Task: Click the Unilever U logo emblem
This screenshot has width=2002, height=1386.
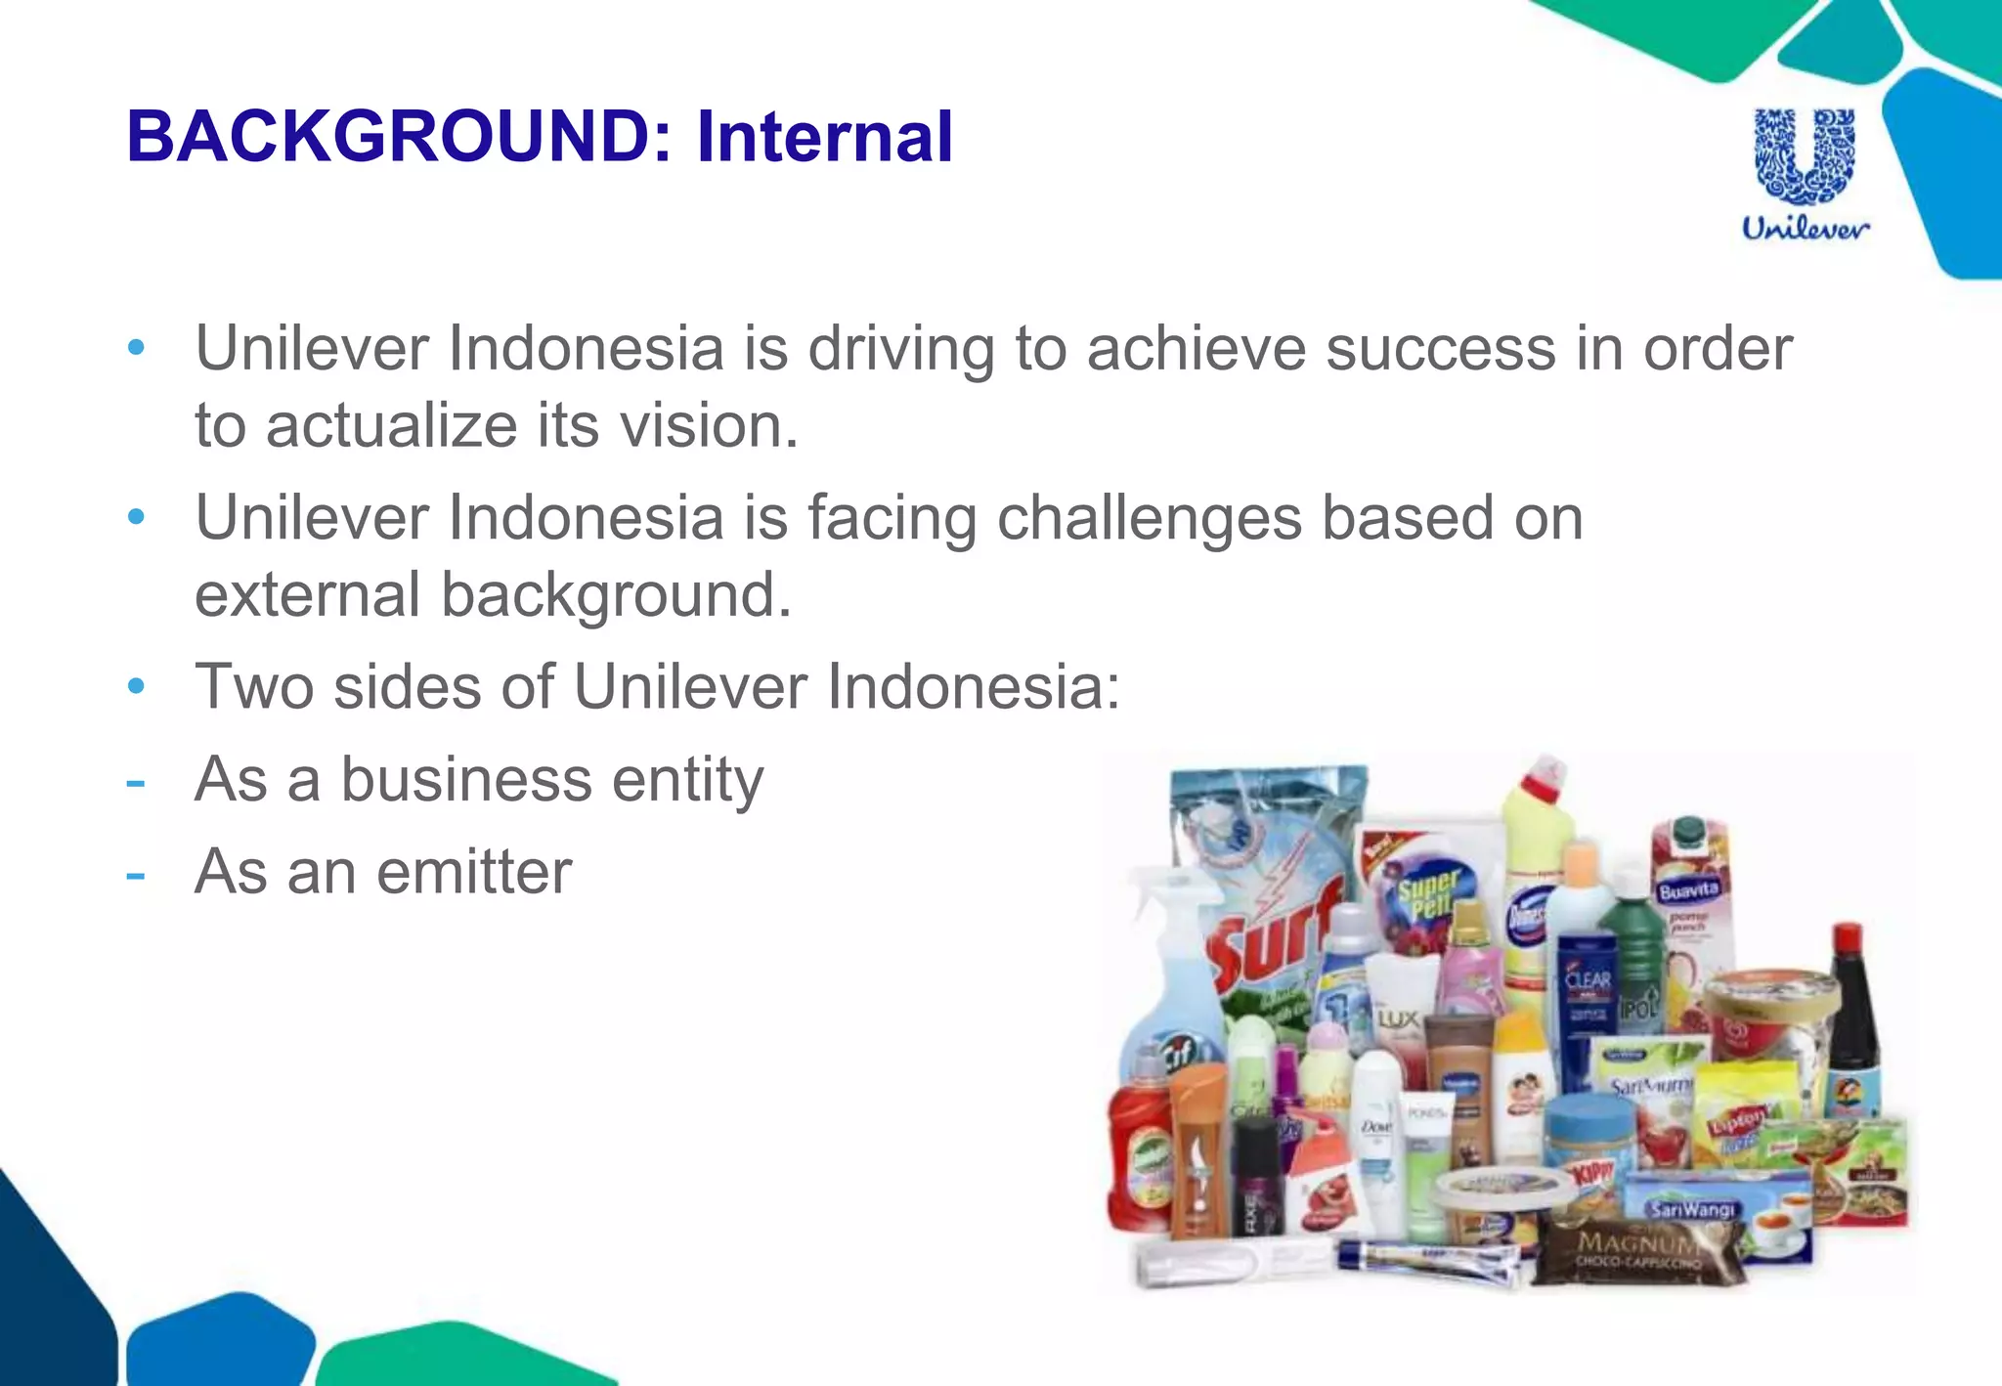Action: [x=1805, y=156]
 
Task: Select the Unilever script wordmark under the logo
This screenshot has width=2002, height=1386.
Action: [x=1805, y=229]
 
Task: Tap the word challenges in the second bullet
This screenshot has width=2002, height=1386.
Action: [x=1150, y=517]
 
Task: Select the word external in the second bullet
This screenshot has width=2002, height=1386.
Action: [x=307, y=595]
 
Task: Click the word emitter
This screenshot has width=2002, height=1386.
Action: [x=473, y=871]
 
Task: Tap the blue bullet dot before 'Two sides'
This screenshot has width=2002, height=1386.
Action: [x=136, y=686]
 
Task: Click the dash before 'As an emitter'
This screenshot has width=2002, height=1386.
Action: [x=136, y=873]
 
